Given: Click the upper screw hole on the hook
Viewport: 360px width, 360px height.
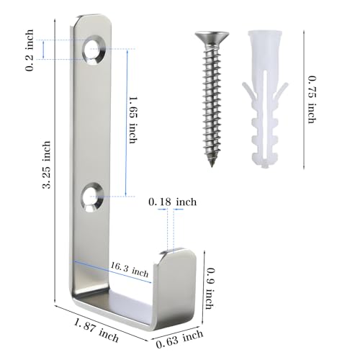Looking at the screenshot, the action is pyautogui.click(x=94, y=50).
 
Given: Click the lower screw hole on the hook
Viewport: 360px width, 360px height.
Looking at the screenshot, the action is pyautogui.click(x=93, y=197).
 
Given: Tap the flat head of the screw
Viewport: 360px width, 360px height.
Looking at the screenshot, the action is pyautogui.click(x=212, y=37).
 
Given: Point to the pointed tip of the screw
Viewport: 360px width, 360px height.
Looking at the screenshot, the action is pyautogui.click(x=212, y=166).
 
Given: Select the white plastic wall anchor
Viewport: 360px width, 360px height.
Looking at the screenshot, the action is pyautogui.click(x=265, y=99).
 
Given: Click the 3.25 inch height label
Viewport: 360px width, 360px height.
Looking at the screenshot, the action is pyautogui.click(x=47, y=164).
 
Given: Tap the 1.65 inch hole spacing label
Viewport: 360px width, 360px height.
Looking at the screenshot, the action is pyautogui.click(x=133, y=120).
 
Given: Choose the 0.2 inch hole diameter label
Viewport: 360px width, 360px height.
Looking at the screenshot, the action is pyautogui.click(x=30, y=50).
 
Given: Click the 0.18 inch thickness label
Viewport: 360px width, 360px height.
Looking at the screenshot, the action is pyautogui.click(x=172, y=202).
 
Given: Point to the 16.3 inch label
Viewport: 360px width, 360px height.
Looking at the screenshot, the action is pyautogui.click(x=129, y=269).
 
